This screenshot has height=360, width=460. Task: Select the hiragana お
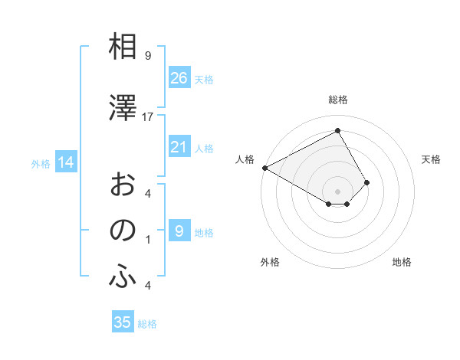click(x=123, y=184)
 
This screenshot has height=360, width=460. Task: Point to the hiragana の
click(x=123, y=231)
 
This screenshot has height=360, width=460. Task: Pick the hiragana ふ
click(x=123, y=277)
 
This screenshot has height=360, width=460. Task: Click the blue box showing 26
click(x=179, y=77)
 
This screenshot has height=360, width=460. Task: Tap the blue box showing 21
click(x=179, y=148)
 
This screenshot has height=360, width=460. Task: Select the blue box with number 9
click(x=179, y=231)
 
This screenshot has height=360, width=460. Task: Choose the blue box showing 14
click(x=65, y=162)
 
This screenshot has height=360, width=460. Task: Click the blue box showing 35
click(x=123, y=322)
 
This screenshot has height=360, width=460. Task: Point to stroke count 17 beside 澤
click(x=148, y=116)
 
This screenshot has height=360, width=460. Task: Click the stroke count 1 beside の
click(x=147, y=240)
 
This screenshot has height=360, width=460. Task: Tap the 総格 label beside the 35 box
click(x=147, y=324)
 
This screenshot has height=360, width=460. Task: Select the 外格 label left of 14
click(x=40, y=163)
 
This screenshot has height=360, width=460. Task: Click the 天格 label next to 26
click(x=203, y=79)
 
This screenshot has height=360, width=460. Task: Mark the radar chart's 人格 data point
click(x=264, y=167)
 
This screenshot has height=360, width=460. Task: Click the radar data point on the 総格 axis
click(x=337, y=131)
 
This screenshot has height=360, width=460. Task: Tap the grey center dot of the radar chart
click(x=337, y=190)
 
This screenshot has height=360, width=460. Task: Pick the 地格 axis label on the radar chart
click(x=402, y=262)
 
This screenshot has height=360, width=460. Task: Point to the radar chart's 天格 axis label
click(x=431, y=159)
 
